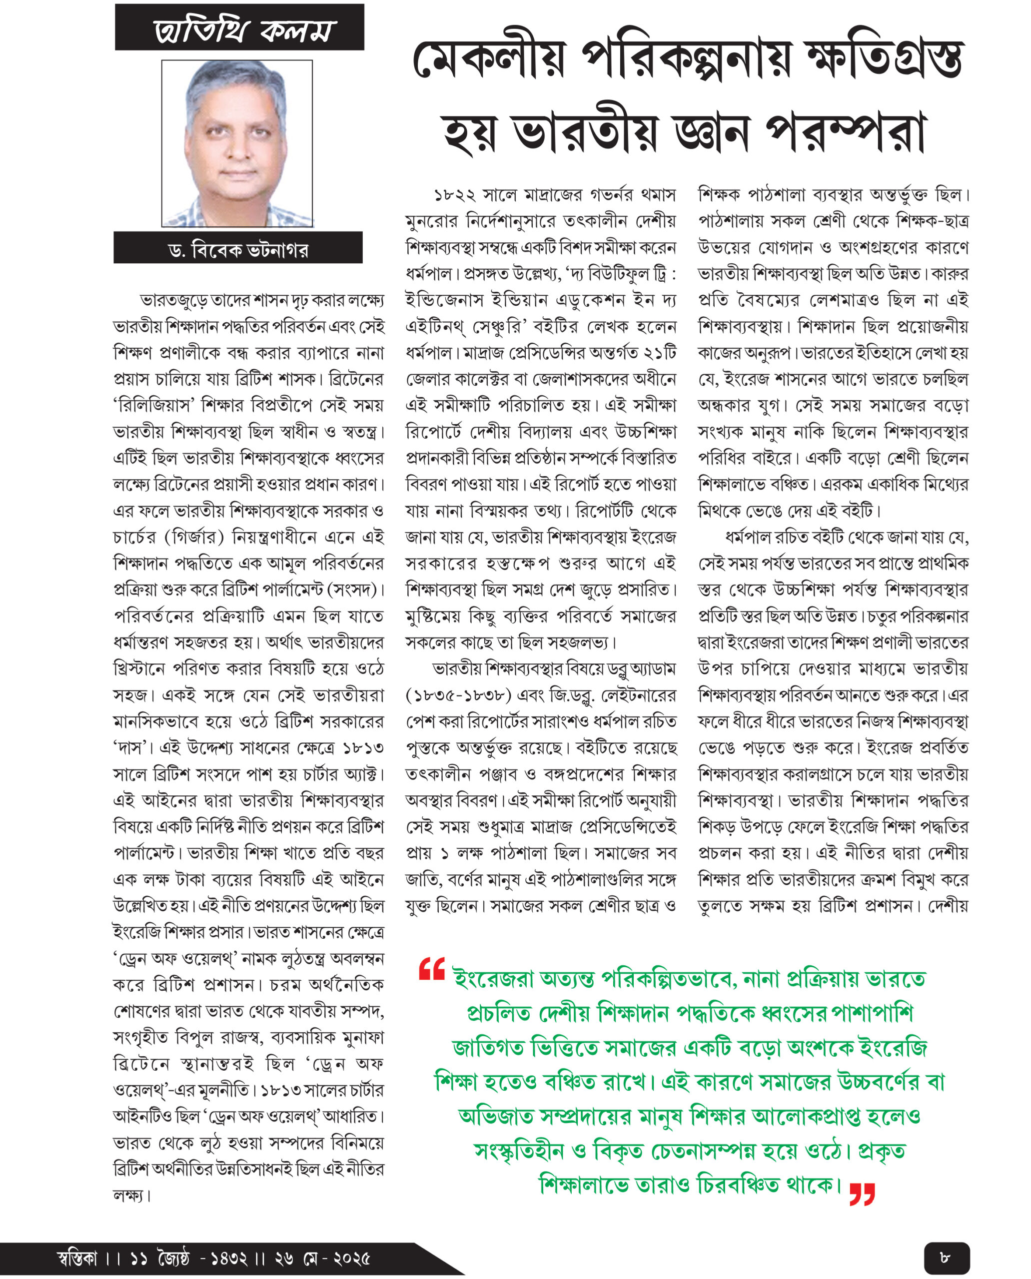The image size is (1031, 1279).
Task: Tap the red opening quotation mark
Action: [432, 968]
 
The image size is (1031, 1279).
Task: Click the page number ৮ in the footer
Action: [946, 1257]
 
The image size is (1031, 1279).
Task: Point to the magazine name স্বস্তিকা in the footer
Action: [76, 1258]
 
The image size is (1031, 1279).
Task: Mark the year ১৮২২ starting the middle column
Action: [454, 195]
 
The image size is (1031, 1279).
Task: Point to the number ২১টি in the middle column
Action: [659, 353]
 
